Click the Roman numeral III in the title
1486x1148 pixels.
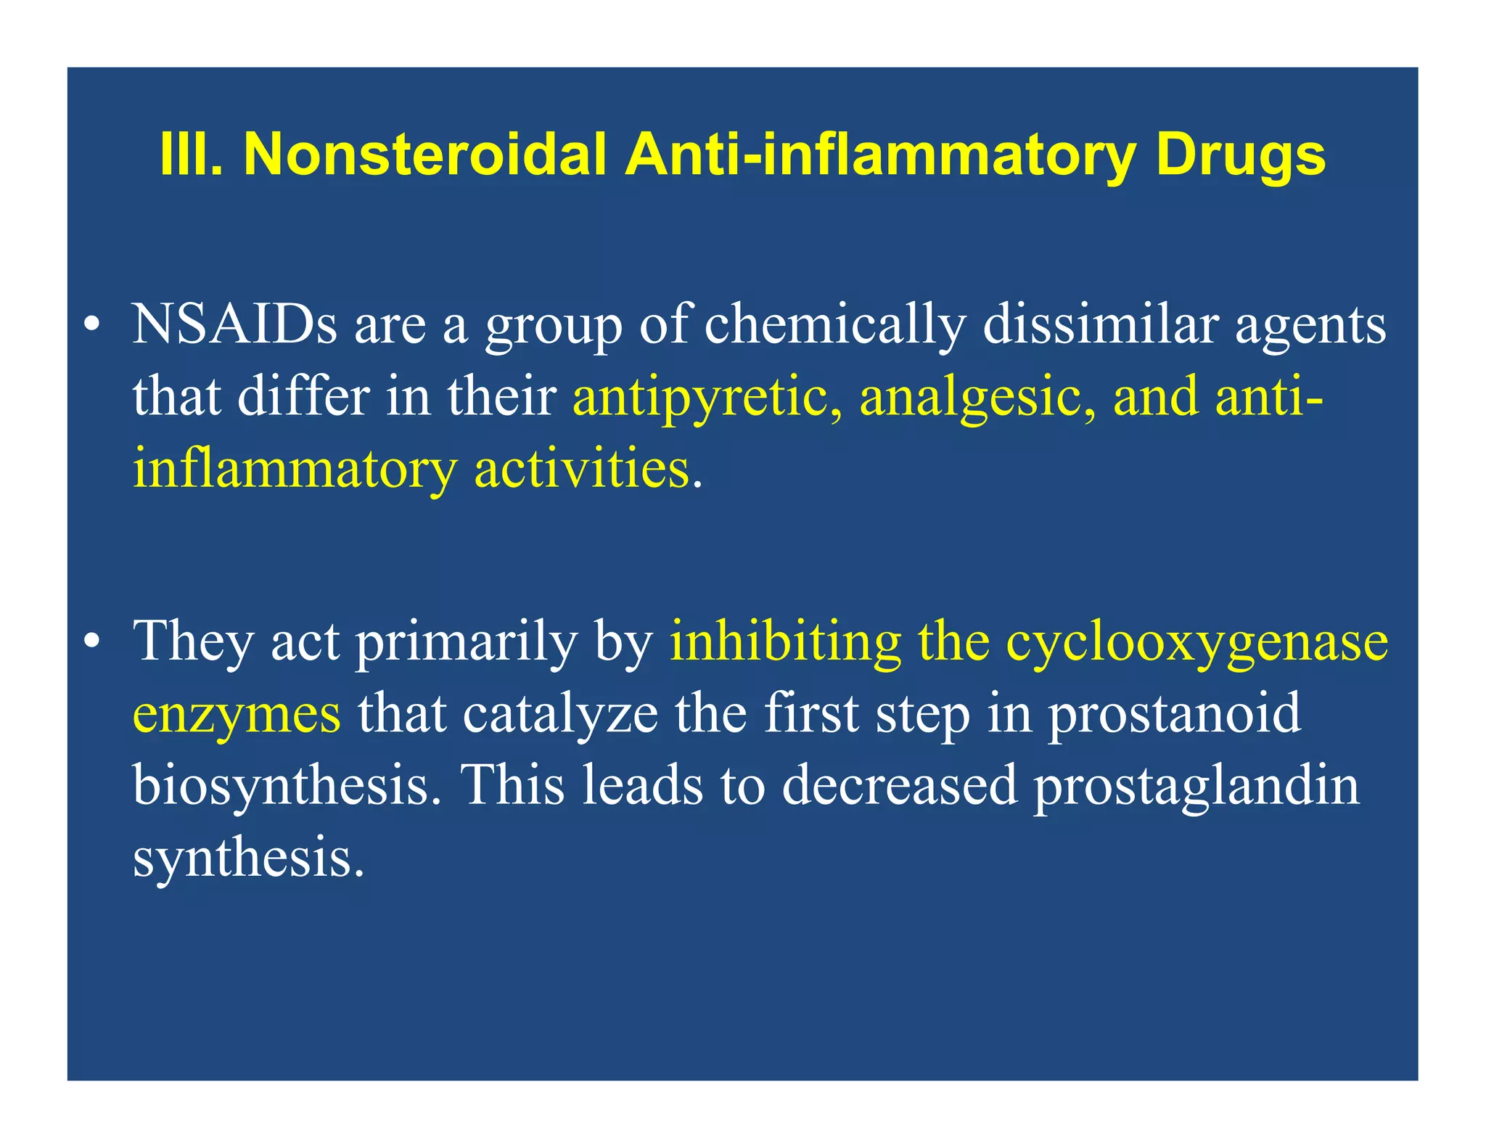(x=190, y=155)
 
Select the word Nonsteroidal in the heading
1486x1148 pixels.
(x=425, y=155)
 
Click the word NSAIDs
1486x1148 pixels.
(x=234, y=325)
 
